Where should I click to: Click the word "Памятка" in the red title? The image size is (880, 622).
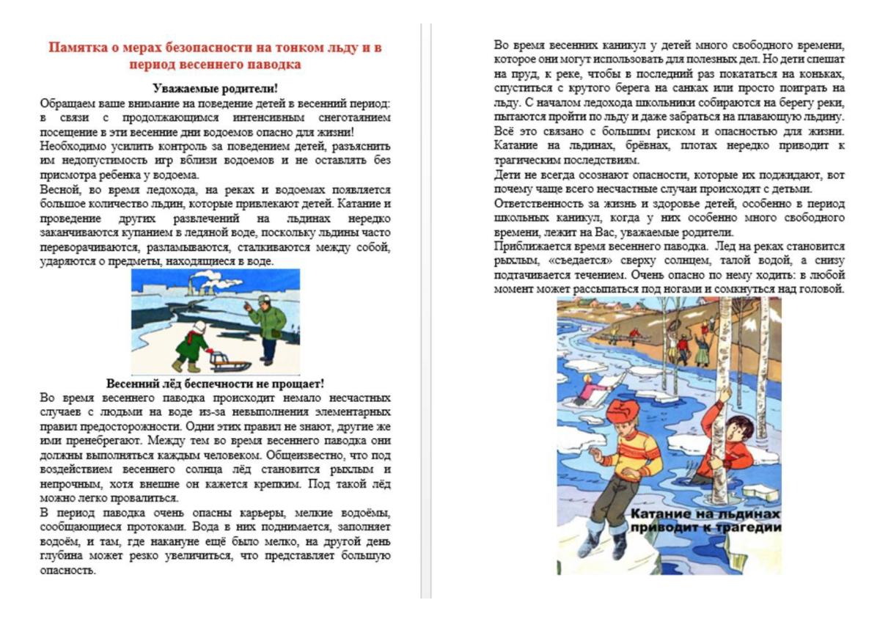click(78, 48)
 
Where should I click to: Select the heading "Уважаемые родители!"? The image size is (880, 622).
click(214, 89)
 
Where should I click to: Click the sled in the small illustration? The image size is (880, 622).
click(228, 362)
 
